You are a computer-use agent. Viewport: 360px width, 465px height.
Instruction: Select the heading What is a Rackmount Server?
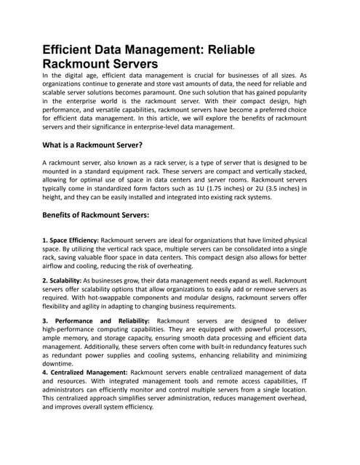(x=92, y=145)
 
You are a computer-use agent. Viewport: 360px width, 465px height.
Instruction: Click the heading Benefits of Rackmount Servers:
(x=96, y=215)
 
